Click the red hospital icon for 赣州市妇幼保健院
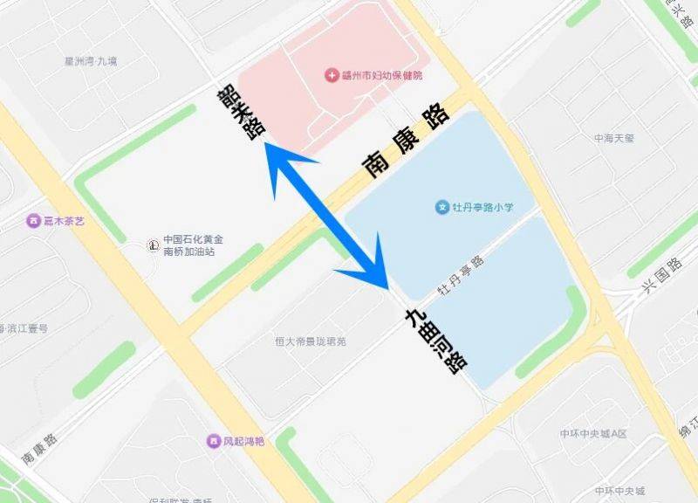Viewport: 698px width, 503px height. pyautogui.click(x=332, y=76)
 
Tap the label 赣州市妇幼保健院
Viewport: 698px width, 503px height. pyautogui.click(x=382, y=76)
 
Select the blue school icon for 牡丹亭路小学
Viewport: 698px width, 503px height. pyautogui.click(x=442, y=208)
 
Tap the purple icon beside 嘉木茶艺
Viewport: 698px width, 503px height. pyautogui.click(x=34, y=222)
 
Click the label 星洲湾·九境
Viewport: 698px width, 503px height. pyautogui.click(x=91, y=62)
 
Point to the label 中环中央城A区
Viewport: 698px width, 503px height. pyautogui.click(x=593, y=434)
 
